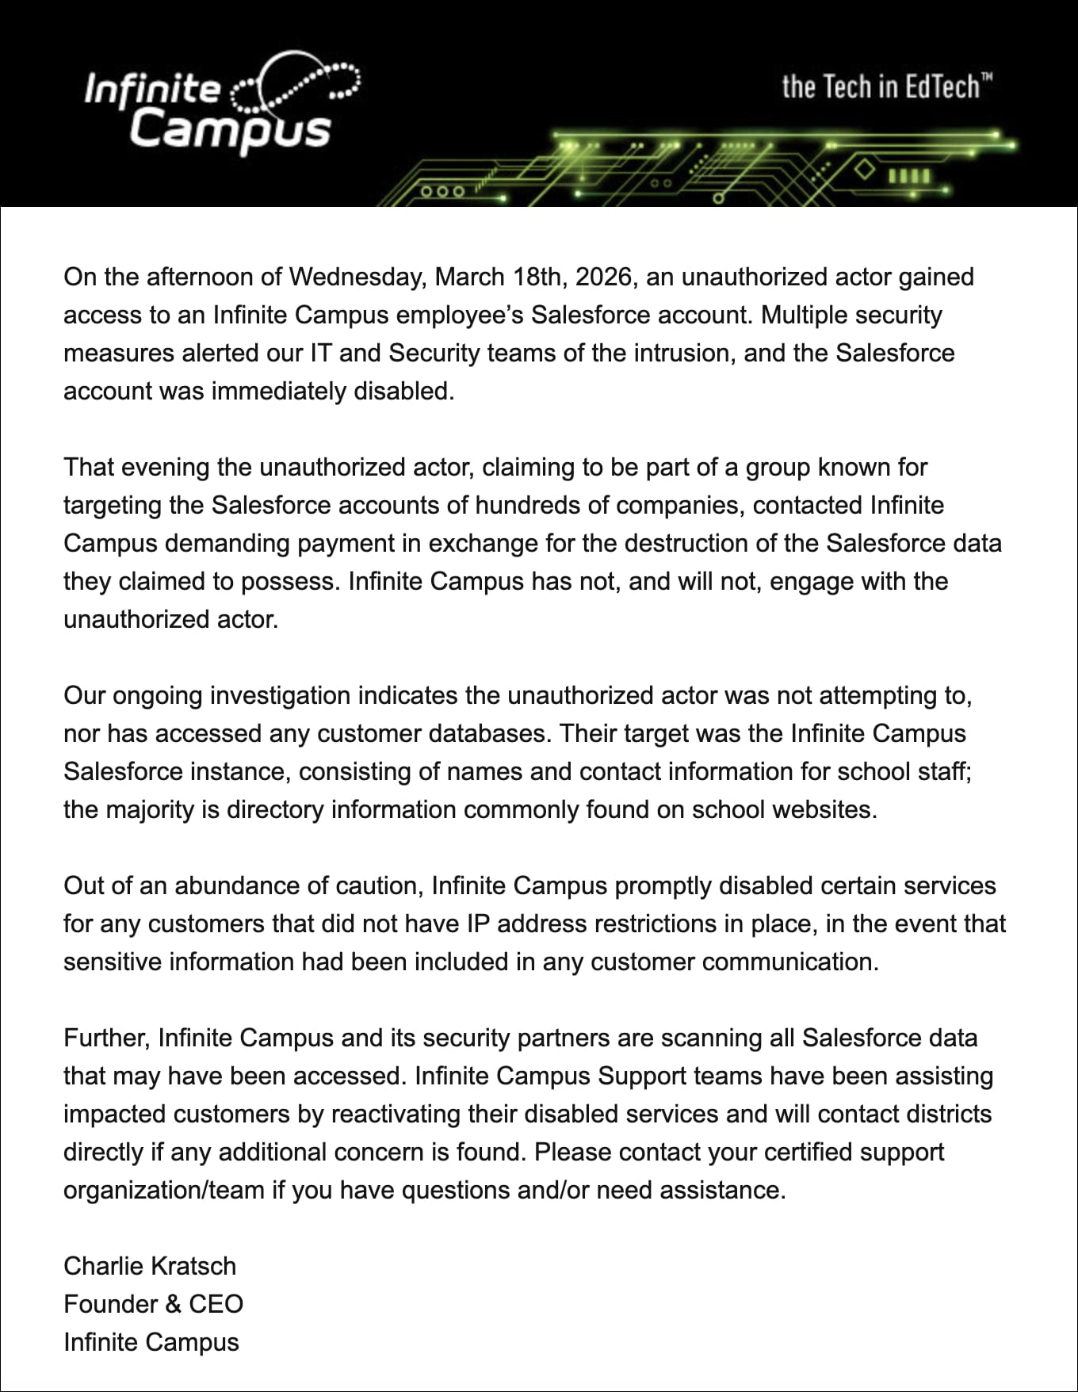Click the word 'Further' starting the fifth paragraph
[x=107, y=1038]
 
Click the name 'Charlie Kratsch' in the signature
[x=150, y=1267]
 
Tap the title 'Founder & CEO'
[x=153, y=1305]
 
